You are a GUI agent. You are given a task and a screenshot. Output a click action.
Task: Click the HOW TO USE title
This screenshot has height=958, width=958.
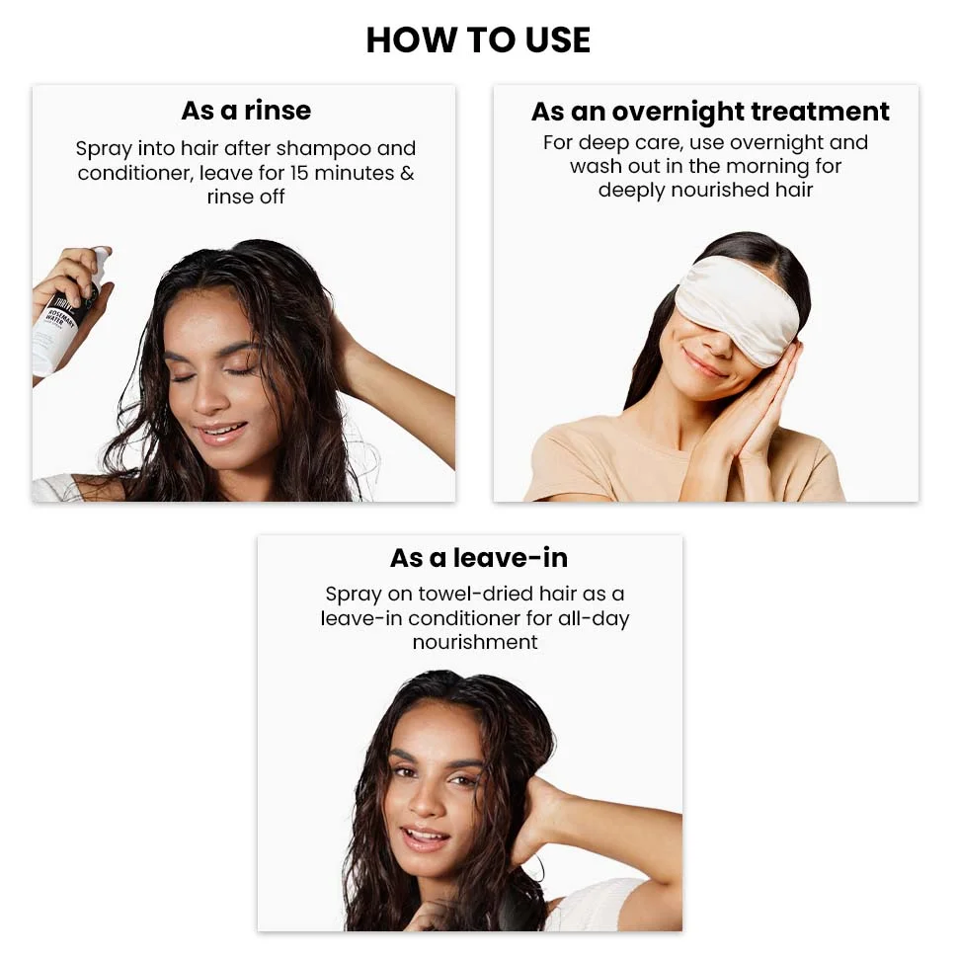(x=478, y=40)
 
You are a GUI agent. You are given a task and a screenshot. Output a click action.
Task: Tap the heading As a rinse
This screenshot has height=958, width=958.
(x=245, y=110)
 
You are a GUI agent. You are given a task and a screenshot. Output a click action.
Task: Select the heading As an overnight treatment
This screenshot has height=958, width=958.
(x=710, y=111)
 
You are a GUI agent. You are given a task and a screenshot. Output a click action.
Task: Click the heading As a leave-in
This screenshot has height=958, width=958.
(x=478, y=558)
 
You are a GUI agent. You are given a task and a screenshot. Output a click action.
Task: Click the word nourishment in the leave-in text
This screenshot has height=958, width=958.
(x=475, y=642)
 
